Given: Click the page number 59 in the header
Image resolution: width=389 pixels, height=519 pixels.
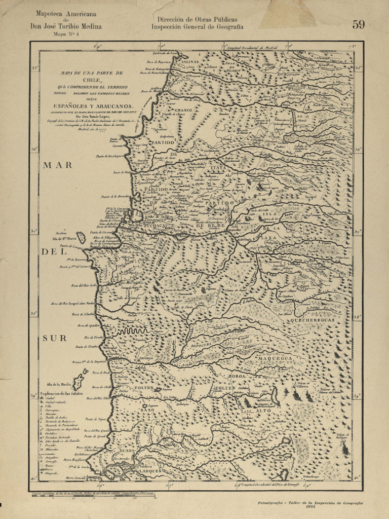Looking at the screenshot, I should click(359, 24).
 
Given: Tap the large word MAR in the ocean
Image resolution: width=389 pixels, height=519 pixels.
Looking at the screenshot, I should click(57, 165).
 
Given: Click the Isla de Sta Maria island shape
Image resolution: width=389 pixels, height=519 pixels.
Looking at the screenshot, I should click(82, 237).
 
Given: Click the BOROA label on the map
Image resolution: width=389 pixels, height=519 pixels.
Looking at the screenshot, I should click(237, 377).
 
